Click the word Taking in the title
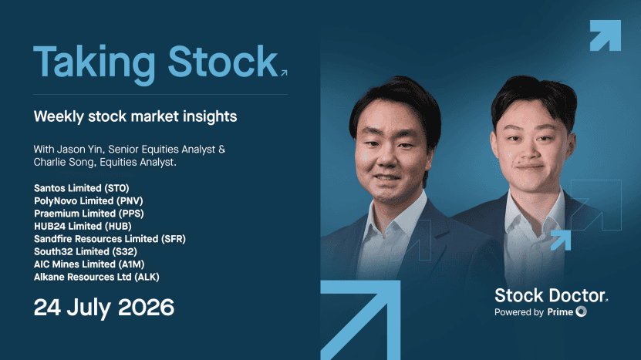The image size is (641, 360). pyautogui.click(x=94, y=64)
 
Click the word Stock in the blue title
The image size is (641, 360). pyautogui.click(x=223, y=62)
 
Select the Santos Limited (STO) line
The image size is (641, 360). pyautogui.click(x=81, y=188)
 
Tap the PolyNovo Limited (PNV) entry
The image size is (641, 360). pyautogui.click(x=88, y=200)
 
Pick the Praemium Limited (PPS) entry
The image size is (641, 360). pyautogui.click(x=89, y=214)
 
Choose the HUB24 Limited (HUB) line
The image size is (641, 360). pyautogui.click(x=83, y=226)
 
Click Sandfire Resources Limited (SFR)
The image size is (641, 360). pyautogui.click(x=110, y=239)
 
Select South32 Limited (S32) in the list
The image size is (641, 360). pyautogui.click(x=86, y=251)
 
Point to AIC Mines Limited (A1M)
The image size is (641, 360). pyautogui.click(x=89, y=264)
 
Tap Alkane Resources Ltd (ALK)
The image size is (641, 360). pyautogui.click(x=96, y=277)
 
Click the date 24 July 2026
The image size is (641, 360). pyautogui.click(x=104, y=308)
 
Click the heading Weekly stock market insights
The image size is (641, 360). pyautogui.click(x=135, y=116)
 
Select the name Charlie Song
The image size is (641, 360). pyautogui.click(x=64, y=162)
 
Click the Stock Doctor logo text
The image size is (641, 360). pyautogui.click(x=550, y=295)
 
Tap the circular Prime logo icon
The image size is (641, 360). pyautogui.click(x=582, y=311)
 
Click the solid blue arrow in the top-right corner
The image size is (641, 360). pyautogui.click(x=606, y=35)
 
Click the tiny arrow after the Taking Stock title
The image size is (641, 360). pyautogui.click(x=284, y=72)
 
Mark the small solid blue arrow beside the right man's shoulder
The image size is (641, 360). pyautogui.click(x=561, y=241)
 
